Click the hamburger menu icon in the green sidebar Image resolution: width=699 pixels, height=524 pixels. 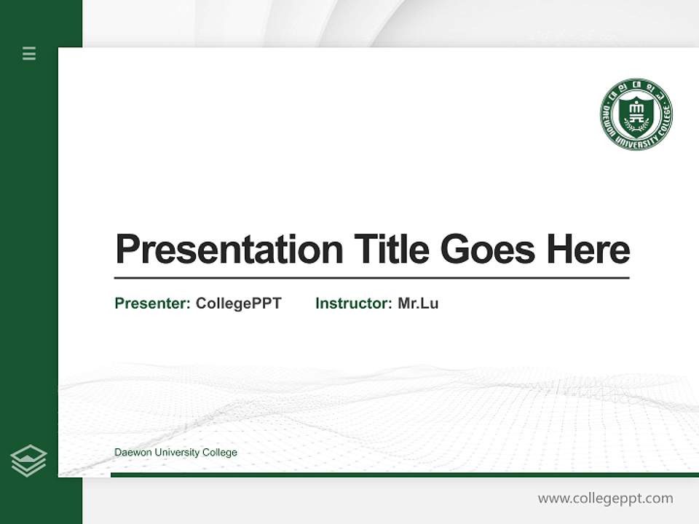(x=29, y=53)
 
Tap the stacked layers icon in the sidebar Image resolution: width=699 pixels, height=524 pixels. (x=29, y=461)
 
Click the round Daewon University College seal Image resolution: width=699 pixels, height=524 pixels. (x=636, y=114)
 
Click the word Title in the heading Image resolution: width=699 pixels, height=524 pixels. (x=392, y=250)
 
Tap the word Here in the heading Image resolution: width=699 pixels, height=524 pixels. (x=588, y=250)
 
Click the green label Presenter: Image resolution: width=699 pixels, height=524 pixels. (x=153, y=303)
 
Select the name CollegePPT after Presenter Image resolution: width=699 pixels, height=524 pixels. (x=239, y=303)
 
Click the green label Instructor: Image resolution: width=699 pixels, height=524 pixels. (x=354, y=303)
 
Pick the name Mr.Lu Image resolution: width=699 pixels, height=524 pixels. (x=418, y=303)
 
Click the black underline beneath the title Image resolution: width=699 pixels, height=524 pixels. (x=371, y=278)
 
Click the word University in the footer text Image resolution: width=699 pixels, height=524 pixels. (x=175, y=453)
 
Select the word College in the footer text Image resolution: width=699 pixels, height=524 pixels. (x=220, y=453)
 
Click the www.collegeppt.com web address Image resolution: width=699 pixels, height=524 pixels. (x=605, y=499)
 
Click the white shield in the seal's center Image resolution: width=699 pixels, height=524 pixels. (x=636, y=113)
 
